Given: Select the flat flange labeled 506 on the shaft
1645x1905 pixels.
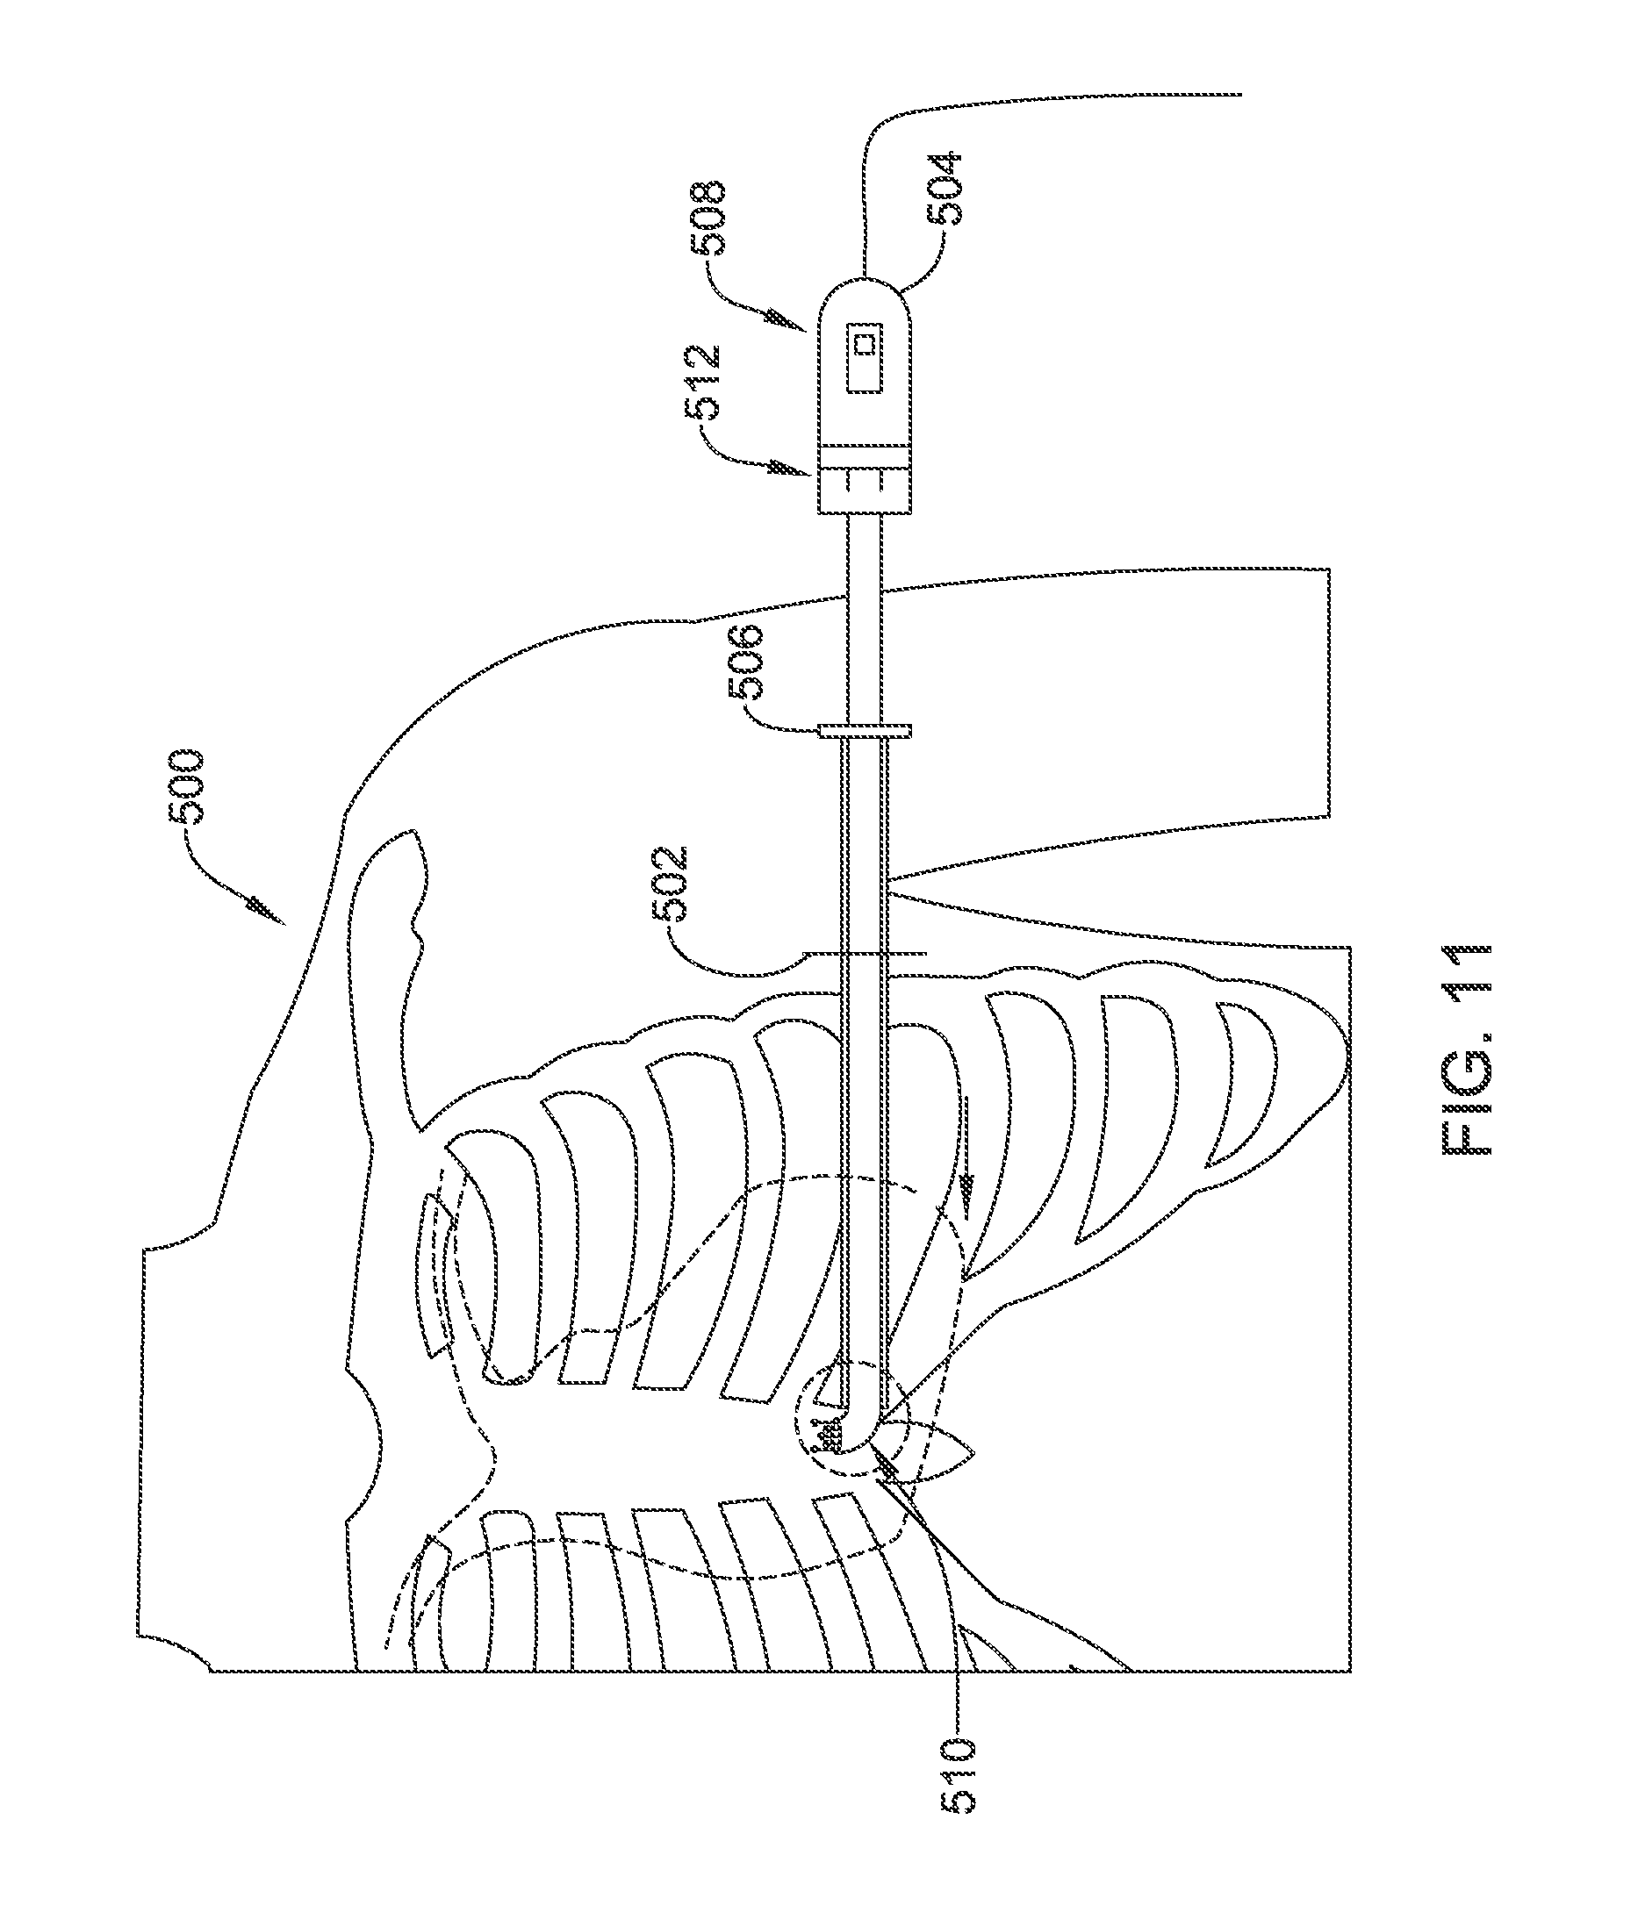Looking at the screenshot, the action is click(864, 730).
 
